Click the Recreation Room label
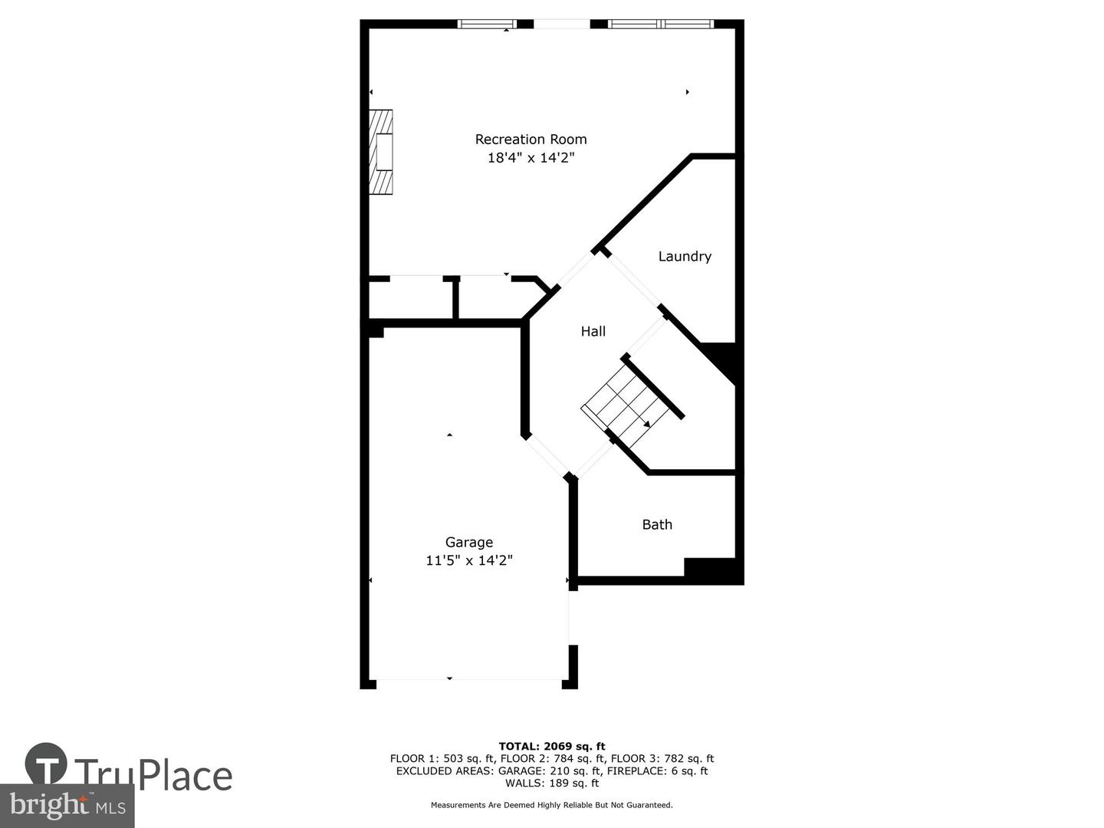coord(531,140)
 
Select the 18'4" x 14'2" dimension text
coord(531,158)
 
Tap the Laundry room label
coord(685,257)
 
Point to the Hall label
coord(593,331)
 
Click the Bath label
coord(657,524)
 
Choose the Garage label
coord(469,542)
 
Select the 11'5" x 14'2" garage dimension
coord(469,560)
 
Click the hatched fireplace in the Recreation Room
coord(381,152)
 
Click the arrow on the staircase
coord(646,423)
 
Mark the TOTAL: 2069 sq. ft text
coord(552,746)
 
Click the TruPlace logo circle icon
coord(46,764)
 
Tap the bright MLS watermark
coord(67,806)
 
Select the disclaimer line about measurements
coord(552,805)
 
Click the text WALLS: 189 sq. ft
coord(552,783)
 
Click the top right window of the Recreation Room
coord(660,24)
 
